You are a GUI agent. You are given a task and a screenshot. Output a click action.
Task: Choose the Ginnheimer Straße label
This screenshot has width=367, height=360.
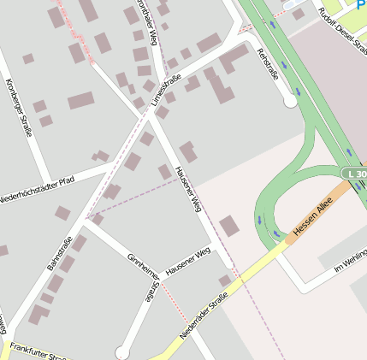(142, 277)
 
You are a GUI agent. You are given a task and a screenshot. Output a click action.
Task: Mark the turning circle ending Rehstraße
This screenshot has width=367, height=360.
(290, 102)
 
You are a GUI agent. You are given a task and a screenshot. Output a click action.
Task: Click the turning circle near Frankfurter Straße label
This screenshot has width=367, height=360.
(122, 351)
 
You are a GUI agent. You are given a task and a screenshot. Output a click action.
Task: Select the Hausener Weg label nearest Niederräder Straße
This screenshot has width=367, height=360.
(187, 263)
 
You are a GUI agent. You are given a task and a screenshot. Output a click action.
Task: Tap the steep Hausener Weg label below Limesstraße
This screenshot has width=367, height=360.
(187, 188)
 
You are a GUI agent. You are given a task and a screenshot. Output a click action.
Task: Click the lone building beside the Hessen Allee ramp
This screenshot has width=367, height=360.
(228, 227)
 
